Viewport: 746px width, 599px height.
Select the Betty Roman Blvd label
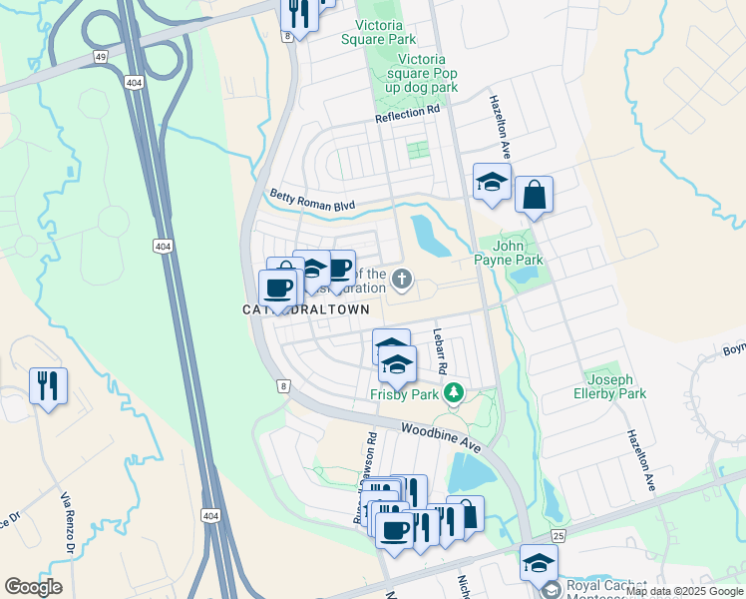click(x=312, y=198)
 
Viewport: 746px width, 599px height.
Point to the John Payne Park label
click(x=518, y=253)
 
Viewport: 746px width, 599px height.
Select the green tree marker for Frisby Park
click(x=455, y=392)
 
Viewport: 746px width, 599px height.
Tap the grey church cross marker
click(x=401, y=279)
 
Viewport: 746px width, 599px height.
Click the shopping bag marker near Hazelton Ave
click(x=534, y=195)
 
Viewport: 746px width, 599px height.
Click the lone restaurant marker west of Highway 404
click(x=48, y=384)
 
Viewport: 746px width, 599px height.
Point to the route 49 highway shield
click(x=101, y=58)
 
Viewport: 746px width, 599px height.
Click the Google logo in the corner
click(x=33, y=587)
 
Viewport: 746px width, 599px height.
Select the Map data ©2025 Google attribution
click(x=685, y=591)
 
